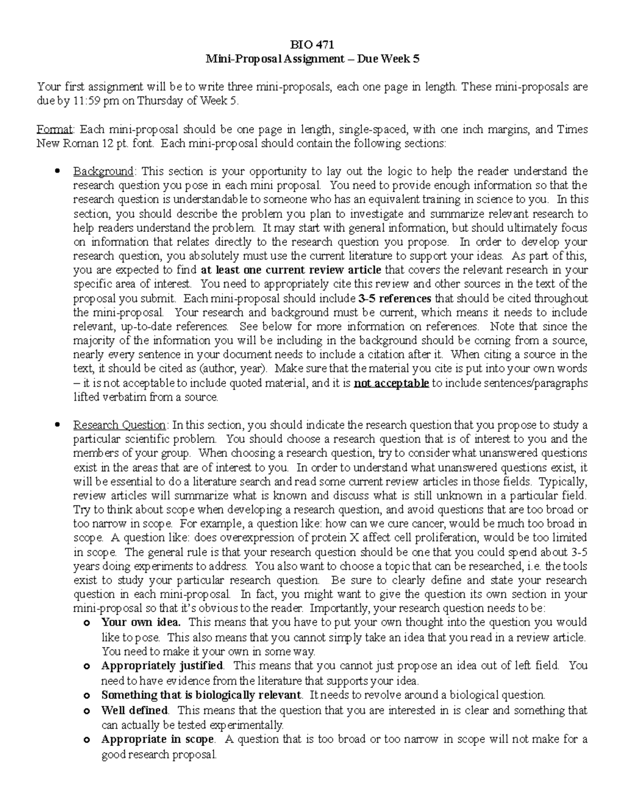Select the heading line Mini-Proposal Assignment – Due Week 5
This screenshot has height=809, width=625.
click(x=312, y=59)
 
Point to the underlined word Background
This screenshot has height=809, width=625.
click(x=103, y=171)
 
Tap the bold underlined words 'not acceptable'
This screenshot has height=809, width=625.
click(x=391, y=383)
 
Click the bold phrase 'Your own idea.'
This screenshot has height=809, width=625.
click(x=141, y=622)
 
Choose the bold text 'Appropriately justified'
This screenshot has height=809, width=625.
click(x=162, y=665)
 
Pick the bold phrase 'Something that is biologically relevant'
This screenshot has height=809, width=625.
click(x=202, y=695)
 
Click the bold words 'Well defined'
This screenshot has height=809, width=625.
click(x=134, y=710)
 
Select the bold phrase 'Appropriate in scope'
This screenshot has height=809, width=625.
click(x=157, y=739)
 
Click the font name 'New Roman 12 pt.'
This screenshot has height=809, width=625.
click(x=82, y=143)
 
